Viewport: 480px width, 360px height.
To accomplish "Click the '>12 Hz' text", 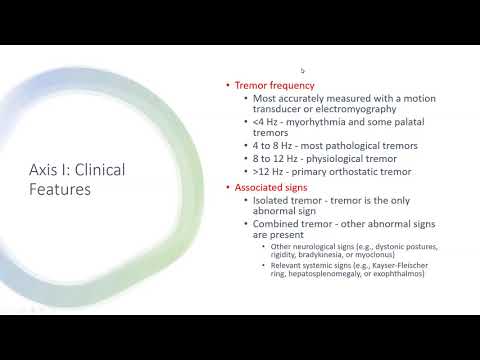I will pos(268,172).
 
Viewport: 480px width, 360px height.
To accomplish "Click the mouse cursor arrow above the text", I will pos(302,71).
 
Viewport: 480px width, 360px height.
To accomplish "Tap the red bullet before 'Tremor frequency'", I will pos(226,86).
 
